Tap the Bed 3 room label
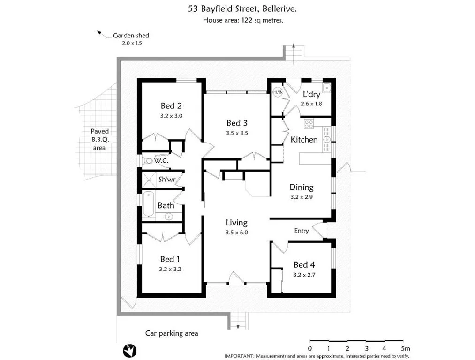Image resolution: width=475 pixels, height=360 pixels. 236,123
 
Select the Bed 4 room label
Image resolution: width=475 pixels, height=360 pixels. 304,265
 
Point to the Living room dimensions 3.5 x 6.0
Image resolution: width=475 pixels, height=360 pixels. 236,232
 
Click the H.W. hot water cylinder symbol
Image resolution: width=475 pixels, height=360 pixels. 278,92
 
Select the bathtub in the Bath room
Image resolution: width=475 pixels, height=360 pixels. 148,204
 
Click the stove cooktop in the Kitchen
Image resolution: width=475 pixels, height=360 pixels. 309,124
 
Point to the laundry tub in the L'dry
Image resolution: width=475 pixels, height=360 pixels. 326,88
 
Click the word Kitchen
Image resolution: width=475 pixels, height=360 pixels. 304,140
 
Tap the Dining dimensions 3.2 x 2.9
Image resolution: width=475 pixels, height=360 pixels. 302,197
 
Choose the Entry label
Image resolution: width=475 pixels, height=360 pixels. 302,231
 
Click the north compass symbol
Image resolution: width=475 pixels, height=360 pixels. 129,349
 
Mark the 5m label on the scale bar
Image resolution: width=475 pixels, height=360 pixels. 405,349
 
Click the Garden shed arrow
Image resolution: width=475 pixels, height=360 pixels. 100,33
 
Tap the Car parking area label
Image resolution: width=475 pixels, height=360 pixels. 171,334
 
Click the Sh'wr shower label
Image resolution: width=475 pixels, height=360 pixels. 166,179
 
